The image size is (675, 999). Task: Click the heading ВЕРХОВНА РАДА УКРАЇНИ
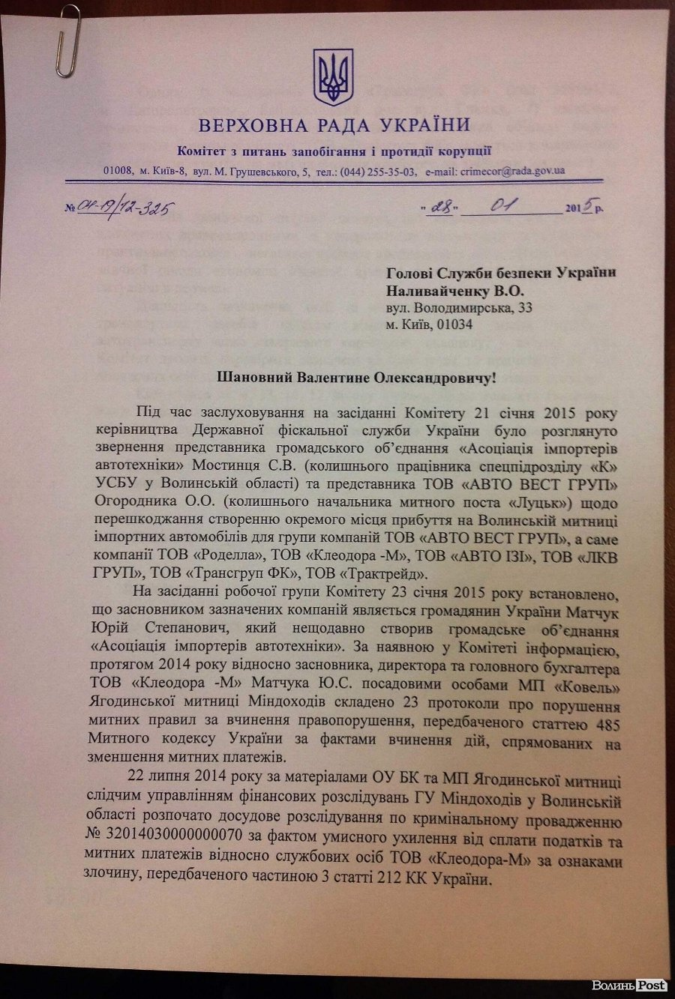[x=334, y=124]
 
